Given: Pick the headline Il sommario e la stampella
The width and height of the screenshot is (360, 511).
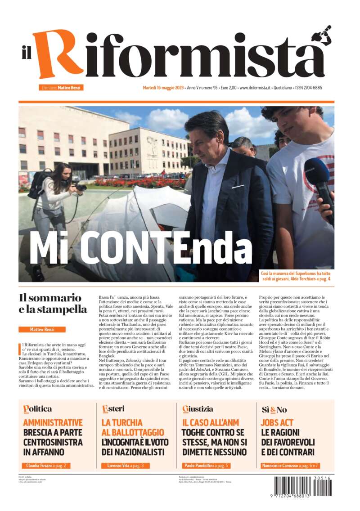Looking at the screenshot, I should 53,304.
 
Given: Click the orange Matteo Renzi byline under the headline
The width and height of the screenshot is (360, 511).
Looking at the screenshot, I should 42,330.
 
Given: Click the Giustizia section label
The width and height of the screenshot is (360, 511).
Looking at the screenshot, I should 198,409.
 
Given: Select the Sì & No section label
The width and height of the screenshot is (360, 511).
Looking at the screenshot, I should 274,409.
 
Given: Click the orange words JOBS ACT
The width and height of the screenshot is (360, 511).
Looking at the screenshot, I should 277,423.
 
